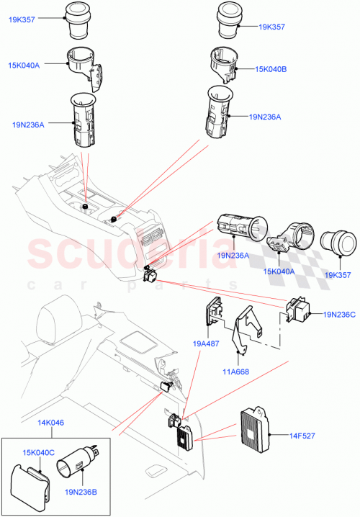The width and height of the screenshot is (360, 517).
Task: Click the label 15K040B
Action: coord(271,69)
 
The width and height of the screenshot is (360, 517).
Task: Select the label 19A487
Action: coord(205,345)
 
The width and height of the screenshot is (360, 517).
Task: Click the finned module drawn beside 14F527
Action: coord(252,426)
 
